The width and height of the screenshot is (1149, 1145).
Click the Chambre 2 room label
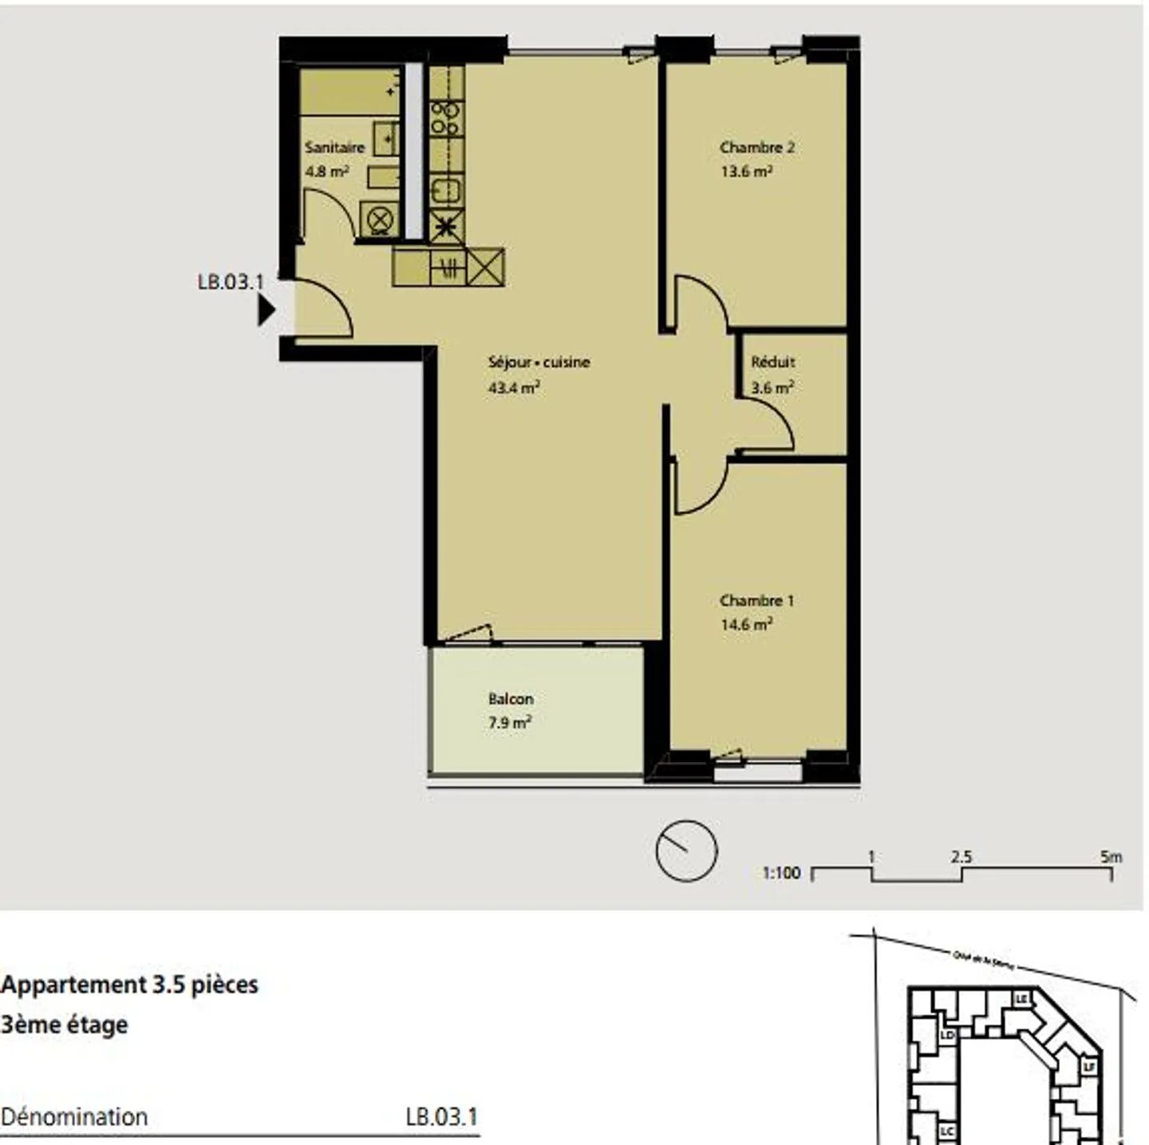point(756,148)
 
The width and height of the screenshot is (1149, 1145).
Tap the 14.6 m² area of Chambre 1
point(746,625)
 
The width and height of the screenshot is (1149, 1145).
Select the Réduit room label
point(772,362)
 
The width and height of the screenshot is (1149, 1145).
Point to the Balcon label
point(511,699)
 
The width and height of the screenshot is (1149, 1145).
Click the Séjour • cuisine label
point(539,362)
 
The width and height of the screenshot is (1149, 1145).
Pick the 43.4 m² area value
point(514,388)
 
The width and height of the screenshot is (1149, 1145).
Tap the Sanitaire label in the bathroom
point(334,148)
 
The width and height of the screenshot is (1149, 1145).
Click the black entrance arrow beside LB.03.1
point(266,310)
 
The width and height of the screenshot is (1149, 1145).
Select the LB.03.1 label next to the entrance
point(230,282)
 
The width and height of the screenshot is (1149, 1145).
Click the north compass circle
point(686,851)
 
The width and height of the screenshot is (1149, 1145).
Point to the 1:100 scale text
point(781,873)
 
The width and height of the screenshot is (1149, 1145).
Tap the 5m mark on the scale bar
point(1111,858)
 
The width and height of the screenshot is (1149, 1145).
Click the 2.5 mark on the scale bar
point(961,858)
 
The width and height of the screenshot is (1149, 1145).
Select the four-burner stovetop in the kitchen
point(445,118)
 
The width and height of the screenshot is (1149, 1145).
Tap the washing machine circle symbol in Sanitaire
point(381,218)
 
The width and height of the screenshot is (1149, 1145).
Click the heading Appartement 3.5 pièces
point(129,985)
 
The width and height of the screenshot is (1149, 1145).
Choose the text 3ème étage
point(64,1025)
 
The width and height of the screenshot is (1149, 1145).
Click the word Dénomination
point(74,1117)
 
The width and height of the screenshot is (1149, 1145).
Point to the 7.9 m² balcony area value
point(510,723)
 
